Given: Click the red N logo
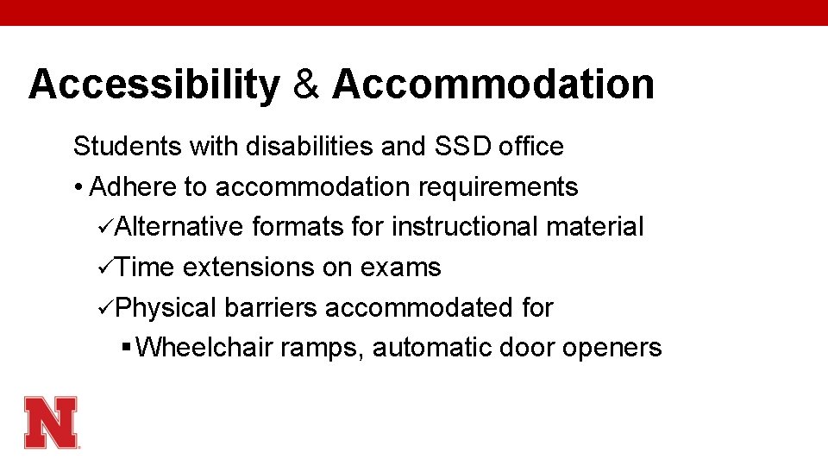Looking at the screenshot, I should [x=51, y=422].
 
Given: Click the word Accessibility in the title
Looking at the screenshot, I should [x=154, y=85].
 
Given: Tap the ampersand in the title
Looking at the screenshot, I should [x=305, y=85].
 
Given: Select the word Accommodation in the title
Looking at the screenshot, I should [x=493, y=85].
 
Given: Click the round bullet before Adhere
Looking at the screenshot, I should [x=78, y=187].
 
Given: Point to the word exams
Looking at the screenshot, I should [x=400, y=268].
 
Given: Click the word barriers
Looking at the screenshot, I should [x=271, y=307].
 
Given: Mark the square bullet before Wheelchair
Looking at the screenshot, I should [x=127, y=348].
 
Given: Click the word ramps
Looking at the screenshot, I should [x=329, y=349].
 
